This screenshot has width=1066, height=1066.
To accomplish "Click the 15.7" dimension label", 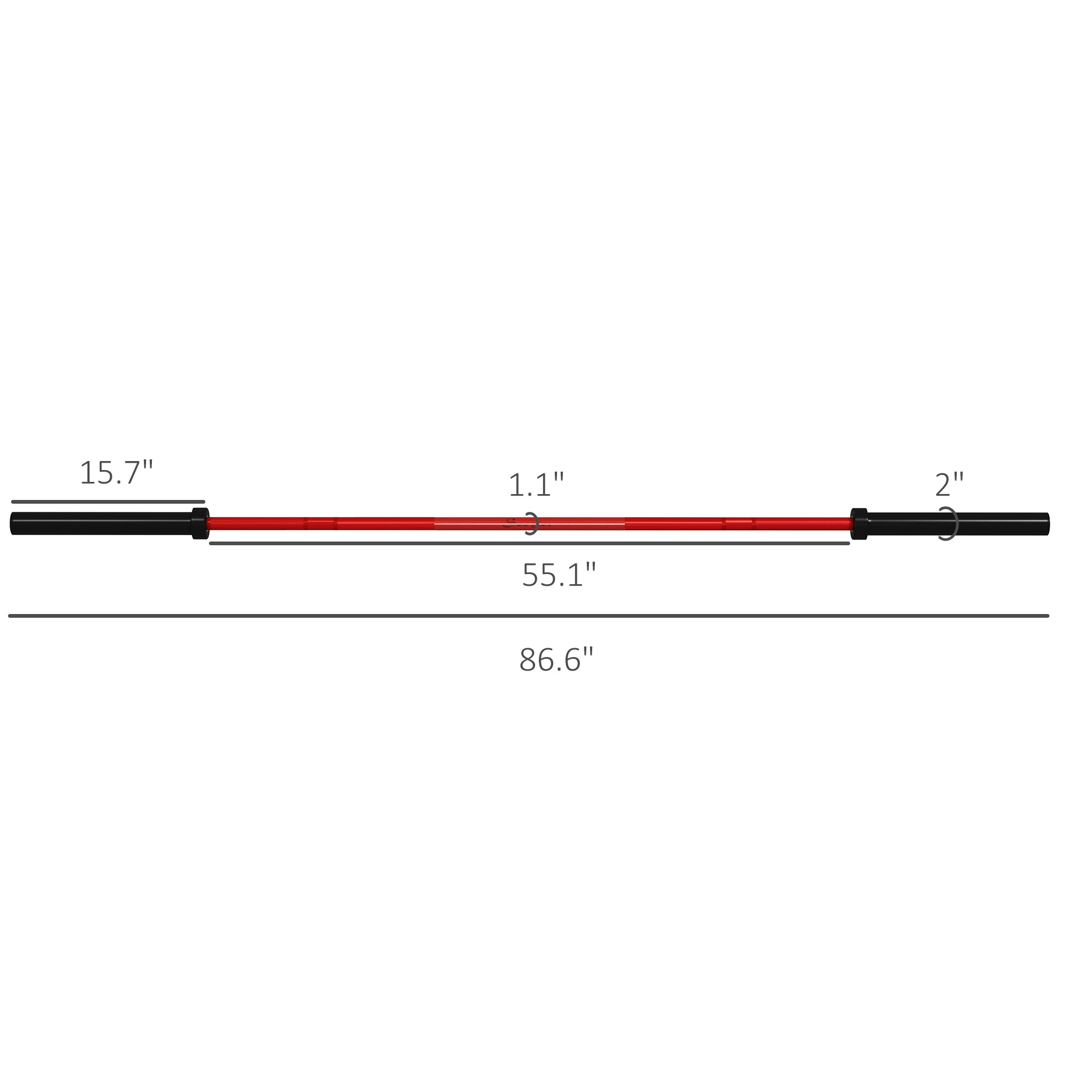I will (116, 473).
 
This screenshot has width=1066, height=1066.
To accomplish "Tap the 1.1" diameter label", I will (536, 485).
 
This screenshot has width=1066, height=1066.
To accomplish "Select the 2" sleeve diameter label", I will (949, 485).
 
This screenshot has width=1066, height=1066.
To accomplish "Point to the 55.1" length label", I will (559, 575).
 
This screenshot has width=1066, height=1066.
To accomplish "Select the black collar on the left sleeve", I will (200, 523).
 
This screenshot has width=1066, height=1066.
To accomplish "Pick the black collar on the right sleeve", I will (859, 523).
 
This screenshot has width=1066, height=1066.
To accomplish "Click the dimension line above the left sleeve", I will (108, 502).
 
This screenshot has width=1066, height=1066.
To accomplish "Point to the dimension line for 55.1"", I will (530, 544).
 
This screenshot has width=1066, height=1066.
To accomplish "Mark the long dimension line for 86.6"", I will (529, 616).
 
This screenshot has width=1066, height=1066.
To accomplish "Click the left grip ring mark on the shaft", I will (320, 523).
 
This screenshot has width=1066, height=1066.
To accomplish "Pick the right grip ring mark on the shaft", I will (739, 523).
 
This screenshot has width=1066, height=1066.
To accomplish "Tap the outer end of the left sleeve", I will (13, 523).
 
